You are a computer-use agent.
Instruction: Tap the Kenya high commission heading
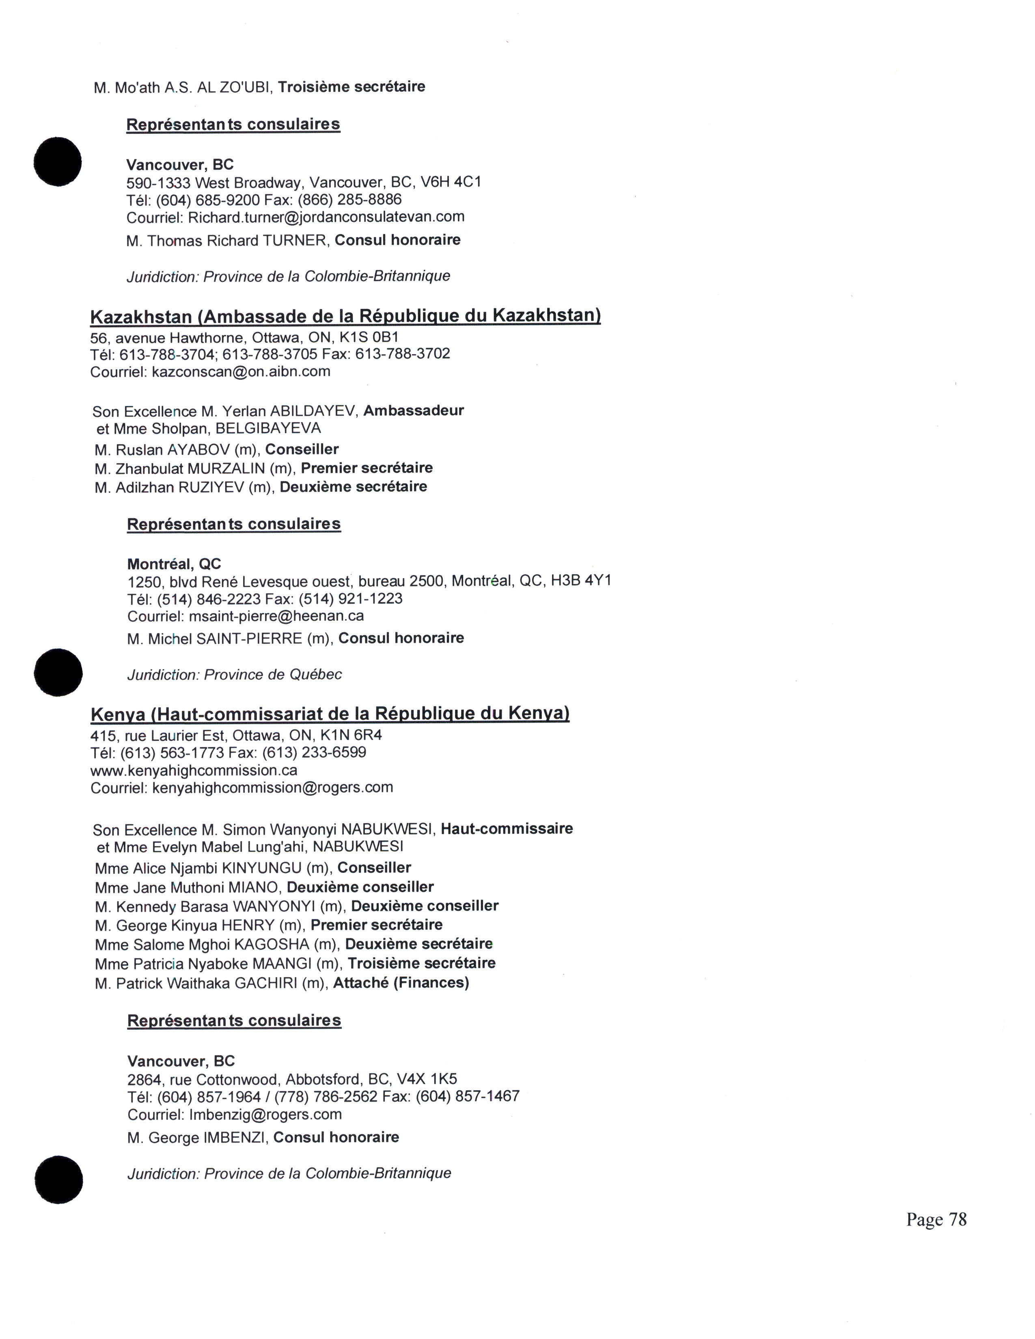pyautogui.click(x=330, y=714)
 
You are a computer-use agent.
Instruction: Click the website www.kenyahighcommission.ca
pyautogui.click(x=194, y=770)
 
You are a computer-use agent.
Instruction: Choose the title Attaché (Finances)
pyautogui.click(x=401, y=983)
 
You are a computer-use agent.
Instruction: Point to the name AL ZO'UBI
pyautogui.click(x=234, y=87)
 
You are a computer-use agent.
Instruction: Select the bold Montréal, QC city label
pyautogui.click(x=174, y=564)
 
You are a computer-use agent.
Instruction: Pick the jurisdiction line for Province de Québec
pyautogui.click(x=234, y=674)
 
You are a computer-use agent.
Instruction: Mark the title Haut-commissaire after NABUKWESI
pyautogui.click(x=507, y=829)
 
